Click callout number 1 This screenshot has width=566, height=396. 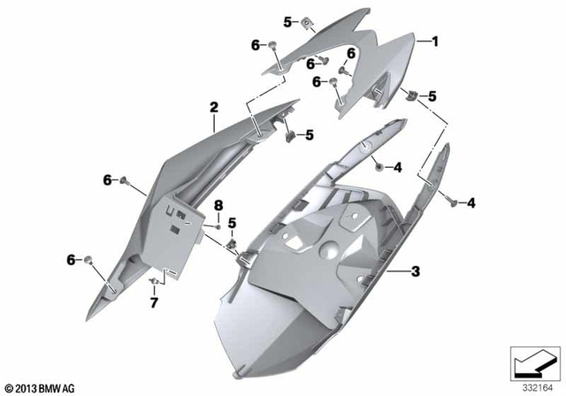(x=434, y=41)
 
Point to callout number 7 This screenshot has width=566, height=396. (x=153, y=303)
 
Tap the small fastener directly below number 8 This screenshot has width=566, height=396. (x=217, y=226)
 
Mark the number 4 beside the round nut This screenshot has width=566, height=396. (x=398, y=166)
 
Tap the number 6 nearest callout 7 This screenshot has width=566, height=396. (x=71, y=259)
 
